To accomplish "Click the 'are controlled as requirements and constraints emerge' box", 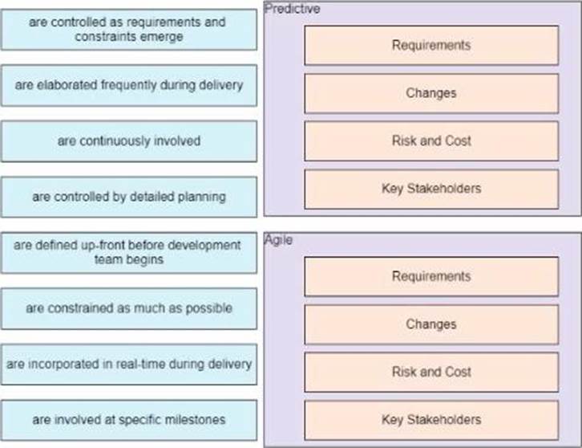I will tap(128, 30).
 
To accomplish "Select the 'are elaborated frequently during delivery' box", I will tap(128, 85).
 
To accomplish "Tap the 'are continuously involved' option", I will tap(128, 141).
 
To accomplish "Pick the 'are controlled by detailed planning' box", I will tap(128, 197).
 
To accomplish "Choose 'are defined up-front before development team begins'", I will tap(128, 252).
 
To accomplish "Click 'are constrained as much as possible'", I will tap(128, 308).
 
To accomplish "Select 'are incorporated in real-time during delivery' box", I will tap(128, 364).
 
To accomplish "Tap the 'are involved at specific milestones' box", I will tap(128, 420).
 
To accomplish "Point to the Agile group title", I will tap(278, 239).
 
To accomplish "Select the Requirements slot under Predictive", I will tap(431, 45).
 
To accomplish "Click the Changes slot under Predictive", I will tap(431, 93).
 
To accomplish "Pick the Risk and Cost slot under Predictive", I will tap(431, 141).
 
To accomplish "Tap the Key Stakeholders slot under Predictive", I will tap(431, 189).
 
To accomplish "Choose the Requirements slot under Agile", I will tap(431, 276).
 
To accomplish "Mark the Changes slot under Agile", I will tap(431, 324).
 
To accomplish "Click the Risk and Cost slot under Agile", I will tap(431, 372).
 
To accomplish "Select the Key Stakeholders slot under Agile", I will tap(431, 420).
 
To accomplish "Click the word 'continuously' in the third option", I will tap(111, 141).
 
